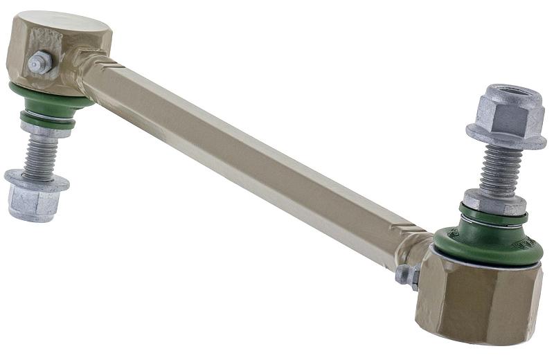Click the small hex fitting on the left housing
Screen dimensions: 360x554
[x=39, y=63]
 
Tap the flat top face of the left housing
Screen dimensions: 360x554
[x=69, y=24]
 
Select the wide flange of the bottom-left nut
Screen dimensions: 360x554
[x=36, y=181]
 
